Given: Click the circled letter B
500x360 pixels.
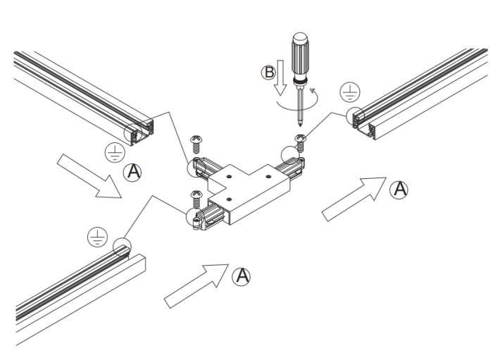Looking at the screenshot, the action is click(269, 73).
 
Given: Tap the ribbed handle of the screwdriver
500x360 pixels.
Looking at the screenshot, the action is click(300, 56).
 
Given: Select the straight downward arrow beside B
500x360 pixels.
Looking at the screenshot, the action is click(280, 77).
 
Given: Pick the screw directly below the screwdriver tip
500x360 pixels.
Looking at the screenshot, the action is click(300, 143).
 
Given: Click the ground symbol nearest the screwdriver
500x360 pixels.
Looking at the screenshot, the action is click(350, 92).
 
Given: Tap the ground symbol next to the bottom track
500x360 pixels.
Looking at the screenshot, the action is click(97, 237).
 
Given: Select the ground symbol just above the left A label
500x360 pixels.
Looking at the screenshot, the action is click(115, 152).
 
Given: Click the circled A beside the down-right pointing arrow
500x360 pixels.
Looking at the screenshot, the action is click(132, 173).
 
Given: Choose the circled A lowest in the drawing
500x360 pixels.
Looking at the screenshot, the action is click(241, 276).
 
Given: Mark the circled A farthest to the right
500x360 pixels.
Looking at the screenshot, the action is click(399, 190).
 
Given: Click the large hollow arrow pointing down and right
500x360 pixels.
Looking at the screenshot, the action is click(89, 176).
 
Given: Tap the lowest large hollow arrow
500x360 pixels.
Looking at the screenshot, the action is click(196, 286).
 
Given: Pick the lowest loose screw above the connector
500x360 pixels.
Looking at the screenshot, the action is click(196, 199).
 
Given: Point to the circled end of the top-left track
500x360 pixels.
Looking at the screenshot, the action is click(133, 132).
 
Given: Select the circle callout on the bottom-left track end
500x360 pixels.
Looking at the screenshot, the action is click(122, 247).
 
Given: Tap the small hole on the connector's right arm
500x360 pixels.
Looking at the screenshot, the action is click(268, 176).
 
